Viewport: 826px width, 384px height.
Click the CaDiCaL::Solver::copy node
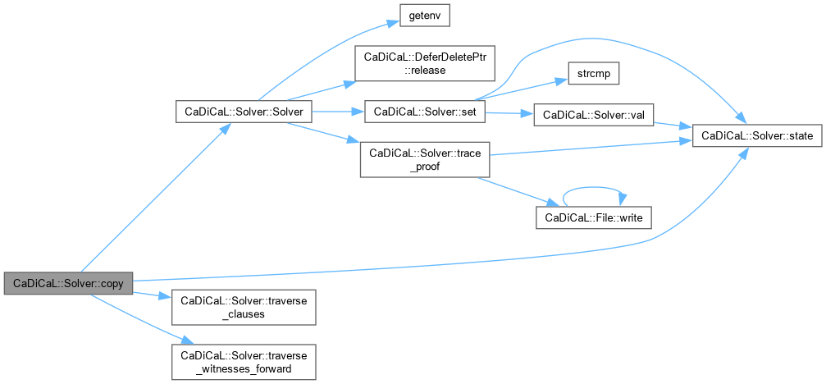click(x=68, y=284)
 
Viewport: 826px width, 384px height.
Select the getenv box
click(x=425, y=17)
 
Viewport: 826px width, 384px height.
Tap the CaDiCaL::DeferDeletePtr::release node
click(x=425, y=63)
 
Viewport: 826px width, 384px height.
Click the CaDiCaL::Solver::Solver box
click(x=244, y=112)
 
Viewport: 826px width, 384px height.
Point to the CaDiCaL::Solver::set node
click(x=425, y=112)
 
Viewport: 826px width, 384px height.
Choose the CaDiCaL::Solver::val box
click(x=593, y=115)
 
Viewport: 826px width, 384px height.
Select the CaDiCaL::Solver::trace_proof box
click(x=425, y=159)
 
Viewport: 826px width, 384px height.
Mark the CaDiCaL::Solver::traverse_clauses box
click(x=244, y=307)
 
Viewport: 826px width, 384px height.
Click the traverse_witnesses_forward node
click(x=244, y=362)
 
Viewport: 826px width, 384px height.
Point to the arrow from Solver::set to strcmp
click(x=522, y=89)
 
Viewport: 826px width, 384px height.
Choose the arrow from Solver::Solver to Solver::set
click(x=338, y=112)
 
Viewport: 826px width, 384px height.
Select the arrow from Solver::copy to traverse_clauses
click(x=153, y=295)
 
